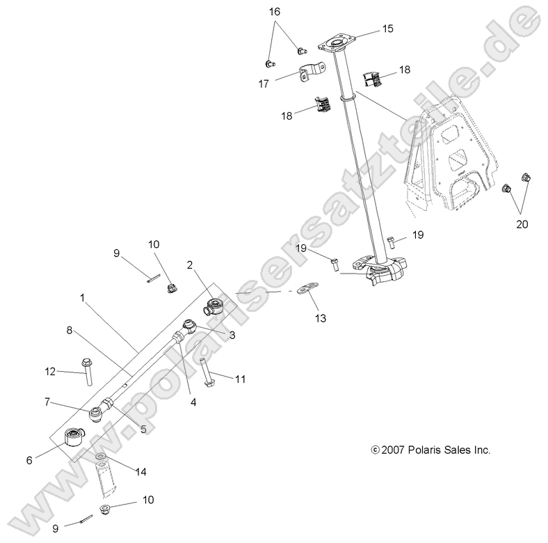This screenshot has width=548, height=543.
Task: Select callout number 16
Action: (275, 12)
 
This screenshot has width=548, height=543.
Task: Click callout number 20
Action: (522, 224)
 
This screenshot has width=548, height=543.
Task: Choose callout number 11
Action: (241, 379)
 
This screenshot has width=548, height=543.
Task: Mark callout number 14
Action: (140, 471)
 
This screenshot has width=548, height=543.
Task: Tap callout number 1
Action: (82, 297)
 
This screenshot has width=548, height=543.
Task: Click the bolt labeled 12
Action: (88, 372)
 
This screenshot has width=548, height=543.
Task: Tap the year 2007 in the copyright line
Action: (393, 450)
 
